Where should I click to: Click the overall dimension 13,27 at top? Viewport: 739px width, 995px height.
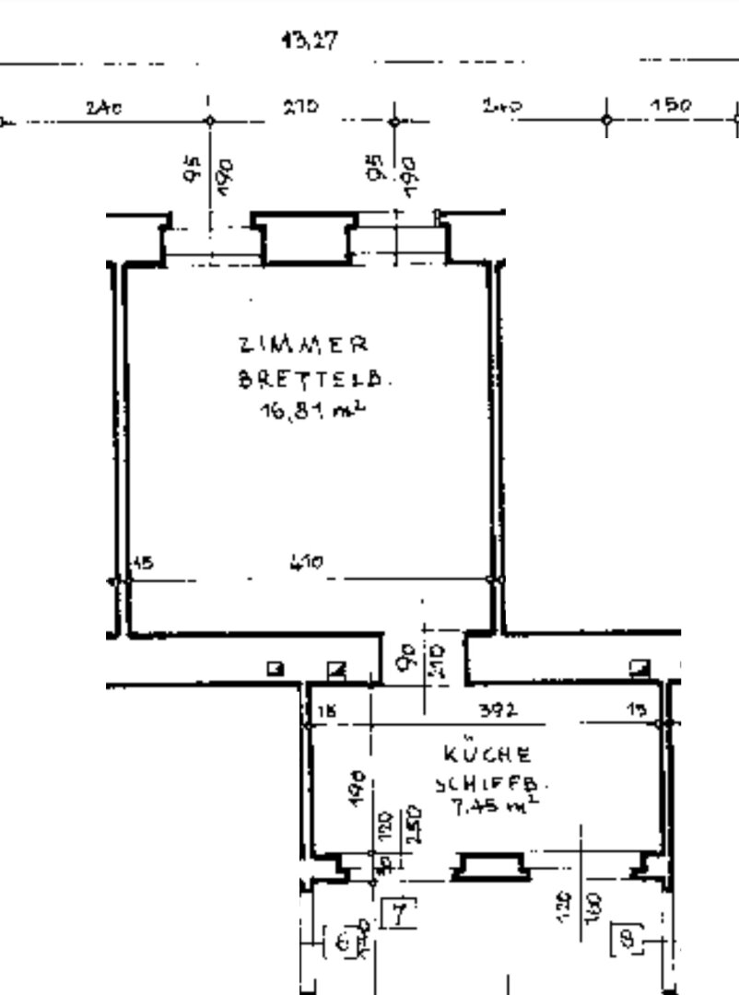point(310,41)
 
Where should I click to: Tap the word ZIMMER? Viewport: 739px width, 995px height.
point(302,346)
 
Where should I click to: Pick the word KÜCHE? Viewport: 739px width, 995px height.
point(487,755)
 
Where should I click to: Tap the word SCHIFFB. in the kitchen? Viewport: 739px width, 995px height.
point(490,785)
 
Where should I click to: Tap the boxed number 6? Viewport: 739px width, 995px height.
point(344,942)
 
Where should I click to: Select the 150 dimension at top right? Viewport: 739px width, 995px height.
point(671,106)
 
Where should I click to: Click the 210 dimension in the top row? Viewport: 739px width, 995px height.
point(300,107)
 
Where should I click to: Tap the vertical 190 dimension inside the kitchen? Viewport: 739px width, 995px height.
point(364,789)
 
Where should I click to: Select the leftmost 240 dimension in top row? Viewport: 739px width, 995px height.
point(104,108)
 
